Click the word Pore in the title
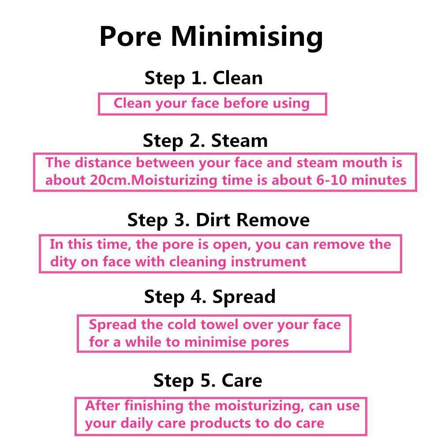(x=131, y=36)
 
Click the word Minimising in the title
(x=247, y=38)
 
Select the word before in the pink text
(x=246, y=103)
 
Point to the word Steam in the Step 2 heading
(x=239, y=141)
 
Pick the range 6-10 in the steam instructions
(x=332, y=180)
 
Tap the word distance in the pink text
(x=103, y=163)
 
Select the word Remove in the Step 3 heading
(x=273, y=220)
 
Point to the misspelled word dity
(x=63, y=262)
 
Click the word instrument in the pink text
(x=269, y=262)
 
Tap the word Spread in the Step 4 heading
(x=244, y=297)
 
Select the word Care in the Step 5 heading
(x=242, y=381)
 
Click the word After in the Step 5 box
(x=103, y=406)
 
